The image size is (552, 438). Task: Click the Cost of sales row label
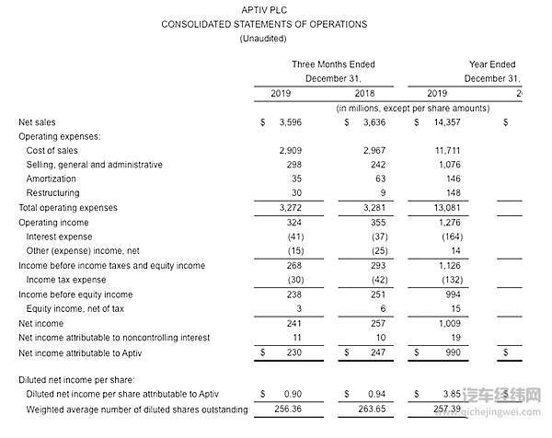52,150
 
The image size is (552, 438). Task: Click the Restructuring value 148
449,193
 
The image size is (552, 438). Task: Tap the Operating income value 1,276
445,222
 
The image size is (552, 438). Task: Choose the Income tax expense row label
65,280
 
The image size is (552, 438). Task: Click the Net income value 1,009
445,323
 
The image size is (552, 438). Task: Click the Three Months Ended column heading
333,64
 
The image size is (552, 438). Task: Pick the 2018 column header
364,94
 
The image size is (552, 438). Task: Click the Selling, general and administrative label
95,165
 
